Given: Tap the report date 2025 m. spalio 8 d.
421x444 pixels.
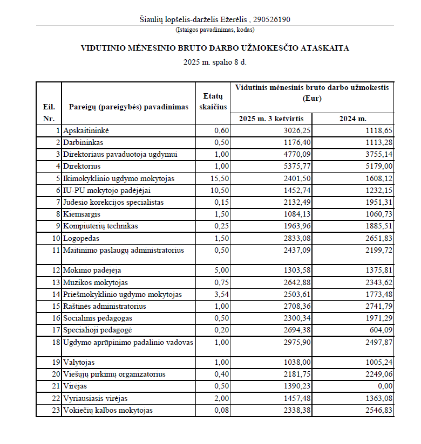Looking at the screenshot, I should (215, 63).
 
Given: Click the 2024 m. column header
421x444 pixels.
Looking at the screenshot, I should (352, 119).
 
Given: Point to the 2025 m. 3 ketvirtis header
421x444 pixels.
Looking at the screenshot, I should (271, 119).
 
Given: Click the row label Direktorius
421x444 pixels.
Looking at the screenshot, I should (82, 166).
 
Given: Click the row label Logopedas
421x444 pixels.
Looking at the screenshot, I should (82, 238).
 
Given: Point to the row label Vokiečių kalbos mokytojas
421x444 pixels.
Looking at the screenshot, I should (107, 411).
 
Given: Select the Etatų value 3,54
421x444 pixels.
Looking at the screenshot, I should (221, 294).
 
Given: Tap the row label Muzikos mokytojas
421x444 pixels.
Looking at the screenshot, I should (96, 282).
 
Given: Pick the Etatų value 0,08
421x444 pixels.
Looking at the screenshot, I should (221, 411).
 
